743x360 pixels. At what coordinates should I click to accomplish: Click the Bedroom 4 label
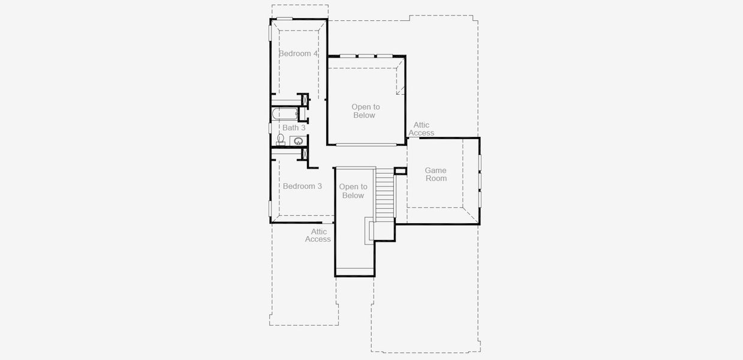(x=298, y=53)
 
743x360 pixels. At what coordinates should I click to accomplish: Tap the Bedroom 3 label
(x=302, y=186)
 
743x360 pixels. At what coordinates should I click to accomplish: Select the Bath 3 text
(x=294, y=128)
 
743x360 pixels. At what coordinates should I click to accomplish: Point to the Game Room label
(x=436, y=175)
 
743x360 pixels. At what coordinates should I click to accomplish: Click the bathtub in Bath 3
(x=285, y=113)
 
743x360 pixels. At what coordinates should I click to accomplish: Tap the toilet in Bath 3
(x=281, y=139)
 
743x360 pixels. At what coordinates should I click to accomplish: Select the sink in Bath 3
(x=298, y=142)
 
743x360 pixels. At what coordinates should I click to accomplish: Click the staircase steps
(x=385, y=195)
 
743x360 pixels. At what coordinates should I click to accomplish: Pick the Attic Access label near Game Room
(x=421, y=129)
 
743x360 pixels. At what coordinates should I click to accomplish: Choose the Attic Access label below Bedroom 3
(x=318, y=235)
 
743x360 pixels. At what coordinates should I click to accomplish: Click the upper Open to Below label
(x=365, y=111)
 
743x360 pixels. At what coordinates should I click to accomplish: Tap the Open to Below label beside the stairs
(x=353, y=191)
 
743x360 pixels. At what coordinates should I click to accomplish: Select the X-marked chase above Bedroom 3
(x=303, y=155)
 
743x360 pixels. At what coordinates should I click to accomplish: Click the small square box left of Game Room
(x=400, y=170)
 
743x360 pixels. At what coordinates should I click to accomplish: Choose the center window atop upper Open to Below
(x=366, y=56)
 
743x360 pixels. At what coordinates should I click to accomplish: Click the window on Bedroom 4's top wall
(x=284, y=19)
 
